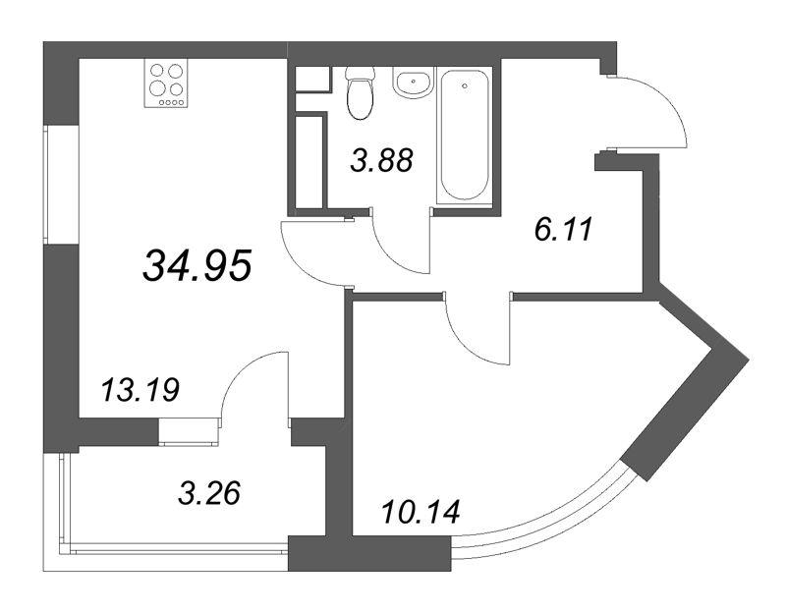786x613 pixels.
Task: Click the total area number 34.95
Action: pyautogui.click(x=198, y=263)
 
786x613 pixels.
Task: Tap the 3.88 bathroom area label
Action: pyautogui.click(x=380, y=159)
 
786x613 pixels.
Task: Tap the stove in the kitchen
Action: pyautogui.click(x=166, y=84)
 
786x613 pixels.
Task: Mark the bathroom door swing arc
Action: pyautogui.click(x=400, y=248)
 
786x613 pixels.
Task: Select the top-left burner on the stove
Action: pyautogui.click(x=157, y=70)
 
